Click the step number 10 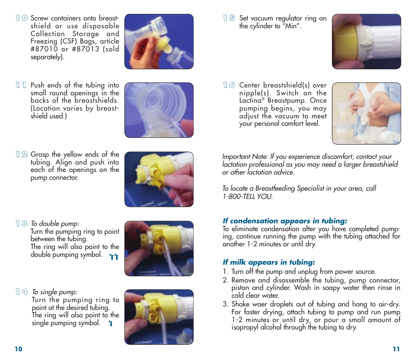click(21, 18)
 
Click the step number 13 click(21, 223)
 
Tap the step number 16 click(229, 86)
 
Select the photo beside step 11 click(159, 110)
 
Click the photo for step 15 click(366, 41)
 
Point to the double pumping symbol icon click(114, 257)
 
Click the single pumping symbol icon click(111, 324)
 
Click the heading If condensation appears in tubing click(284, 221)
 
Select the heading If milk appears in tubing click(268, 262)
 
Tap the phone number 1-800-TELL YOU click(248, 196)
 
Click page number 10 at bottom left click(18, 349)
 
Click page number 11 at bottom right click(396, 349)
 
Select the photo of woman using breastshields click(366, 113)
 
